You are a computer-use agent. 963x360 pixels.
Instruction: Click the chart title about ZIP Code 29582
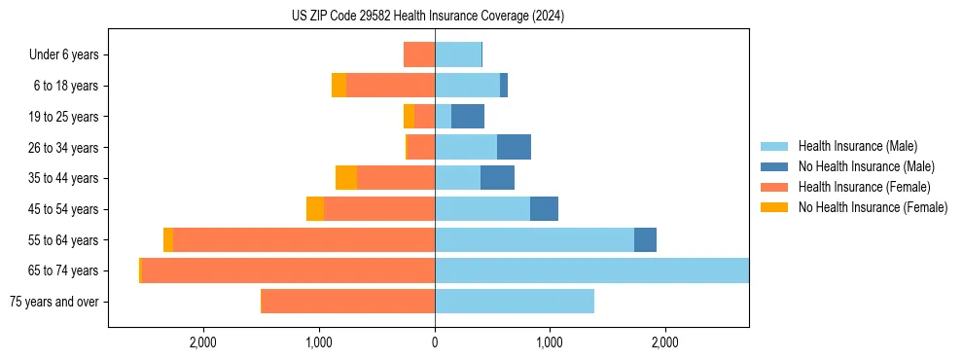tap(428, 17)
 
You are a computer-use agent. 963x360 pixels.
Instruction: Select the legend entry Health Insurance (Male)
tap(851, 146)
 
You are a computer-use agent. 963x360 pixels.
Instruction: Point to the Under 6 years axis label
tap(64, 54)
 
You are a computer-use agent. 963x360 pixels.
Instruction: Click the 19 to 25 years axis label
tap(63, 117)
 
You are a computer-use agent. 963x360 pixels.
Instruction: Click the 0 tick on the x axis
tap(435, 342)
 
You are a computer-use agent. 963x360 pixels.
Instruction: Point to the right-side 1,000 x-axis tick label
tap(550, 342)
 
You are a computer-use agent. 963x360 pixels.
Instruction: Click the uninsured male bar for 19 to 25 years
tap(468, 117)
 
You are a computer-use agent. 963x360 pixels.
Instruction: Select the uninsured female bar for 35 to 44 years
tap(346, 178)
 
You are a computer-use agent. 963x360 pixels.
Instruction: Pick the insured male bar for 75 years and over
tap(515, 302)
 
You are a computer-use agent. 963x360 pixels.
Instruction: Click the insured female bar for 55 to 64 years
tap(303, 240)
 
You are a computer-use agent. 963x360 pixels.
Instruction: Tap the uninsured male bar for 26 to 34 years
tap(514, 147)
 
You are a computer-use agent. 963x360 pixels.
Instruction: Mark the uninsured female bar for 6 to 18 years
tap(339, 86)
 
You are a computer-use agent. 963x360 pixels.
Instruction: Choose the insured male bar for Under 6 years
tap(458, 54)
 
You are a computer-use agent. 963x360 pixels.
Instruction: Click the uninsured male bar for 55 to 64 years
tap(645, 240)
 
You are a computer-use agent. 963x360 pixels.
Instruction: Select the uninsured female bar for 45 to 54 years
tap(315, 209)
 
